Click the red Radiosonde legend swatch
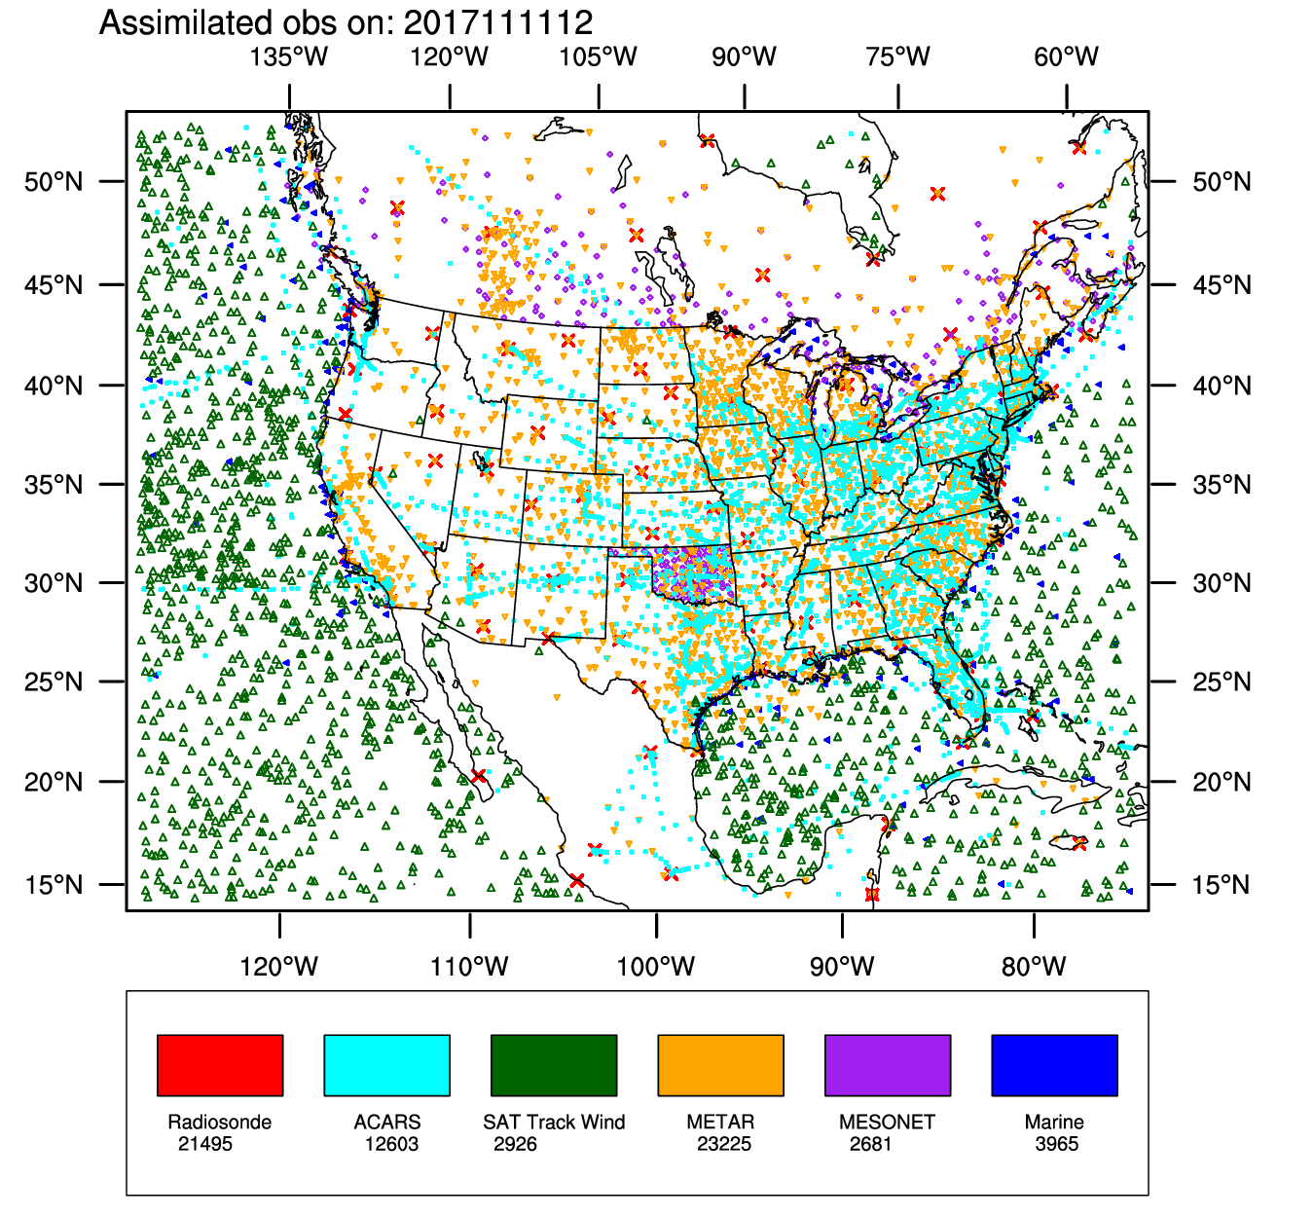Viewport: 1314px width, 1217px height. tap(220, 1065)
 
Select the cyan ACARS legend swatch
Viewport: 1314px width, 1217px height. tap(386, 1065)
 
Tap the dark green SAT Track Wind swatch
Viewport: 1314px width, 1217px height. tap(554, 1065)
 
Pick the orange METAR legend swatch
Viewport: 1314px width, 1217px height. tap(720, 1065)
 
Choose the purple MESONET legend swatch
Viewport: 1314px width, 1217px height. tap(888, 1065)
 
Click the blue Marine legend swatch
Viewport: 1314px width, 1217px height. tap(1054, 1065)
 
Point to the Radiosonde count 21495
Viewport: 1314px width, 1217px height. tap(205, 1144)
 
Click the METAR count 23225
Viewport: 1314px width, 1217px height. tap(724, 1144)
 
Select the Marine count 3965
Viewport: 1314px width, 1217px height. tap(1057, 1144)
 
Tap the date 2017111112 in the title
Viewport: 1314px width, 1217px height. tap(498, 22)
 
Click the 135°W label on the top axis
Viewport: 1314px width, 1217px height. tap(289, 56)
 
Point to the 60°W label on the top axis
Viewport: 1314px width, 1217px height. tap(1067, 56)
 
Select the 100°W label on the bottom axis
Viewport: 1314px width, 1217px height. tap(656, 967)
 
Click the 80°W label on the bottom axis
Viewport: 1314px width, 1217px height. tap(1034, 967)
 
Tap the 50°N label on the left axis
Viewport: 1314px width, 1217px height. tap(54, 182)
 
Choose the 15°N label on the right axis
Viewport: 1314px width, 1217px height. tap(1223, 885)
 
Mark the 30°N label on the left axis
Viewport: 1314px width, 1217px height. tap(54, 583)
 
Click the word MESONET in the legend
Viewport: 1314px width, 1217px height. tap(887, 1123)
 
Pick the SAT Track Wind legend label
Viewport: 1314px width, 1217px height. tap(554, 1123)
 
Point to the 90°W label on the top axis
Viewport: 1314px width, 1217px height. tap(745, 56)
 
